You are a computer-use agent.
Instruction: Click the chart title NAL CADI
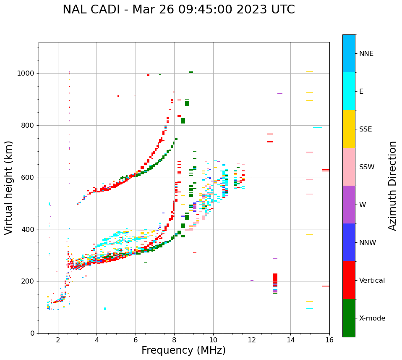pyautogui.click(x=178, y=10)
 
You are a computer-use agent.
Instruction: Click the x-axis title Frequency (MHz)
pyautogui.click(x=183, y=350)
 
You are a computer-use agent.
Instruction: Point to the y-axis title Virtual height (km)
pyautogui.click(x=9, y=187)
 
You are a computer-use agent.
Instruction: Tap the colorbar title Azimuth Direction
pyautogui.click(x=392, y=186)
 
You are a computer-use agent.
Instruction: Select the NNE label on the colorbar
pyautogui.click(x=366, y=54)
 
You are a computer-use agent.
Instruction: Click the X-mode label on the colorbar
pyautogui.click(x=372, y=318)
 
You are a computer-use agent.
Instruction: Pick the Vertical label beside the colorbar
pyautogui.click(x=372, y=281)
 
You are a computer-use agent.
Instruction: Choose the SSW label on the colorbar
pyautogui.click(x=367, y=167)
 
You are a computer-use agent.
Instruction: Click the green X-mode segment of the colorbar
pyautogui.click(x=349, y=318)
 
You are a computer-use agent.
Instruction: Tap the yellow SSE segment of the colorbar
pyautogui.click(x=349, y=129)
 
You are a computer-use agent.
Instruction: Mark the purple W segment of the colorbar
pyautogui.click(x=349, y=205)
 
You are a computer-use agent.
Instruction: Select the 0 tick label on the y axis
pyautogui.click(x=32, y=333)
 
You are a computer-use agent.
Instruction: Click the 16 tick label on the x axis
pyautogui.click(x=329, y=341)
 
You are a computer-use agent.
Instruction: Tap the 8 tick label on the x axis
pyautogui.click(x=174, y=341)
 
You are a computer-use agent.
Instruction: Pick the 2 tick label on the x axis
pyautogui.click(x=58, y=341)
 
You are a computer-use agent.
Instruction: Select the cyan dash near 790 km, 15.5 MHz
pyautogui.click(x=318, y=127)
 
